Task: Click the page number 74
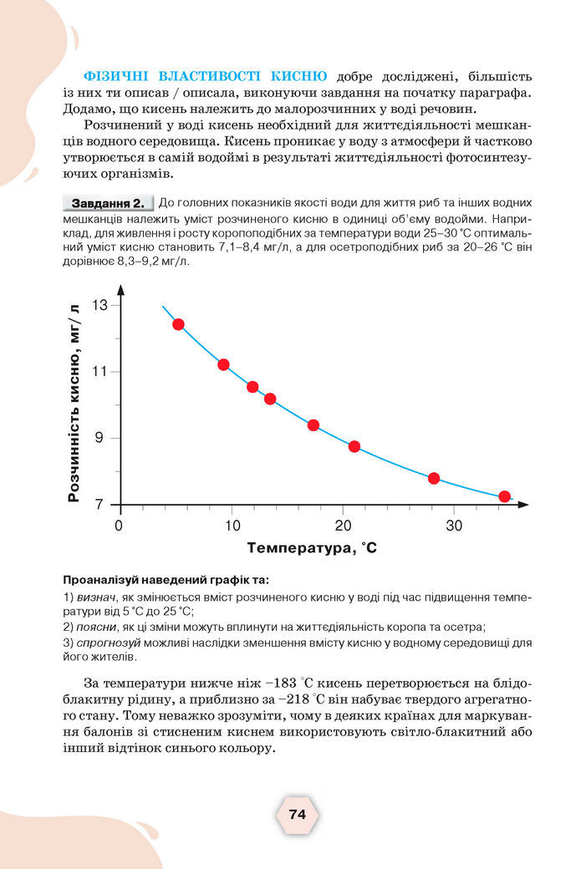tap(297, 814)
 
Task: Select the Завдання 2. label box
tap(108, 203)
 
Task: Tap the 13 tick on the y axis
tap(100, 306)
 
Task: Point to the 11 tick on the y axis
tap(100, 372)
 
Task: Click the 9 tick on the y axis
tap(101, 439)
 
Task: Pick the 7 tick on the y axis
tap(101, 505)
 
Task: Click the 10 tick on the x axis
tap(231, 526)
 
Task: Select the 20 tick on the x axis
tap(343, 526)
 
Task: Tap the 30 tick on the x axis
tap(454, 526)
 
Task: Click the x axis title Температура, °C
tap(312, 549)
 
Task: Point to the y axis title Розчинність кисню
tap(74, 402)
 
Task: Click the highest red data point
tap(178, 324)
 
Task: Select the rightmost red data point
tap(504, 496)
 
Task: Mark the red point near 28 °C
tap(434, 479)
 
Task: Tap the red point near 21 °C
tap(354, 446)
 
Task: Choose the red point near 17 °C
tap(313, 425)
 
